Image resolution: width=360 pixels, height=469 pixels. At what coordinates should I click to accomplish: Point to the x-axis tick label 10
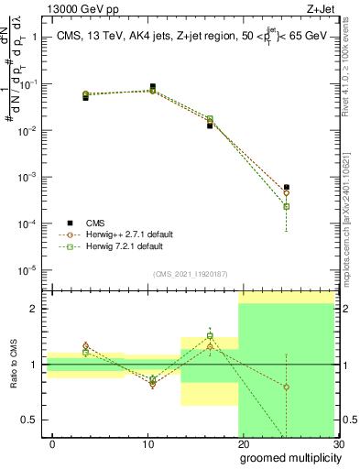pyautogui.click(x=148, y=443)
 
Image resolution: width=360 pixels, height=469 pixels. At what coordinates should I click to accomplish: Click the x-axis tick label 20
pyautogui.click(x=244, y=443)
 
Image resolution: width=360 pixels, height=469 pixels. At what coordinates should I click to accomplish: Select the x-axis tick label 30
pyautogui.click(x=338, y=443)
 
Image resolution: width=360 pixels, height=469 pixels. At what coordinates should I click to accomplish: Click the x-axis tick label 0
pyautogui.click(x=53, y=443)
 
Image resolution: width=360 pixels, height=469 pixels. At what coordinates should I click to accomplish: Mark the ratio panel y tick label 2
pyautogui.click(x=34, y=309)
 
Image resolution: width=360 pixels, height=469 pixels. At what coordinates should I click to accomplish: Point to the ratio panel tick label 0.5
pyautogui.click(x=30, y=420)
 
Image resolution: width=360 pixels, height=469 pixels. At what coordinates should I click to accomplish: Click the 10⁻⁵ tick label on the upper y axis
pyautogui.click(x=28, y=270)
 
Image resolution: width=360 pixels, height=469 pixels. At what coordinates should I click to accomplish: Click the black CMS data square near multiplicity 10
pyautogui.click(x=152, y=87)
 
